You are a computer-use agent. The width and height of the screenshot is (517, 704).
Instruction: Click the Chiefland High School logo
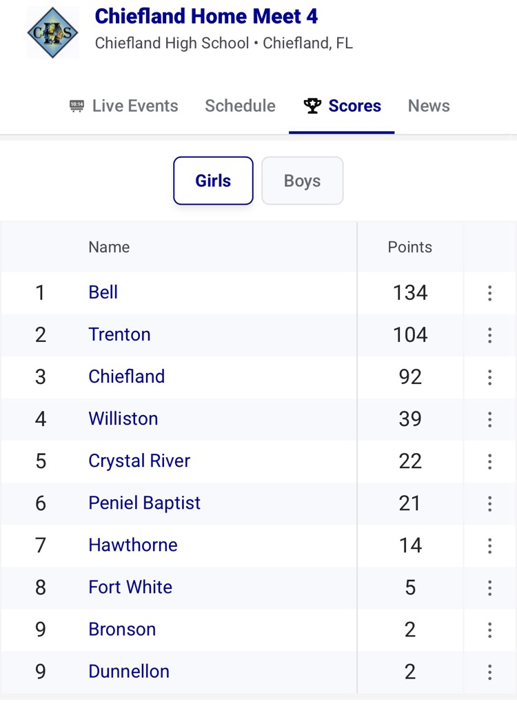(52, 32)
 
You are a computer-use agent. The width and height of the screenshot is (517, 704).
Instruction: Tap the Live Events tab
(124, 105)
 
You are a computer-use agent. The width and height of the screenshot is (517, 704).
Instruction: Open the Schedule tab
(240, 105)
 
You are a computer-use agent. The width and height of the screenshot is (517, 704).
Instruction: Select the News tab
(429, 105)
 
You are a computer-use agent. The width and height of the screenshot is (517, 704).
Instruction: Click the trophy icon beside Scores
(312, 105)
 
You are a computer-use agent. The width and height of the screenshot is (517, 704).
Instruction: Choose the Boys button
(302, 181)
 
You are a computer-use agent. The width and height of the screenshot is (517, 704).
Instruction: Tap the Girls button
(213, 181)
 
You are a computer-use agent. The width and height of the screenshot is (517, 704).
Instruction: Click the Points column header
(409, 247)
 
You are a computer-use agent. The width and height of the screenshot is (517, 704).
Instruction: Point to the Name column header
(109, 247)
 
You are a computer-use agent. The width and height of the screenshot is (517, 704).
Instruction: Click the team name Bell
(103, 292)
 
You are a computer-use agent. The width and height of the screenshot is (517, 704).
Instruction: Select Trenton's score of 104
(410, 334)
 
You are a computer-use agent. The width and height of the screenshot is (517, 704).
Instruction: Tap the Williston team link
(123, 419)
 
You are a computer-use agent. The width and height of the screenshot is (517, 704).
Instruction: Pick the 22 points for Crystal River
(410, 461)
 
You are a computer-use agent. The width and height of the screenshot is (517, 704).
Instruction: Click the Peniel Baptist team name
(144, 503)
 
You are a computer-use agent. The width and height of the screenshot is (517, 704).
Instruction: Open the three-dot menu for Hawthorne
(489, 545)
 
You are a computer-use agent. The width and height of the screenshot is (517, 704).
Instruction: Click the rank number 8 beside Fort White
(41, 587)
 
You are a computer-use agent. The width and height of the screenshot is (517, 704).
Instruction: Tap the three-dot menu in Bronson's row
(489, 630)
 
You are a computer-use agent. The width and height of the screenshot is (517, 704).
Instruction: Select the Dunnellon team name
(129, 672)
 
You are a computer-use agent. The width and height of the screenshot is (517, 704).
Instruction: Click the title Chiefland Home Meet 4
(206, 16)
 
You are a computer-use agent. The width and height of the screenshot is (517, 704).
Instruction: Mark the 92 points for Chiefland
(410, 376)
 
